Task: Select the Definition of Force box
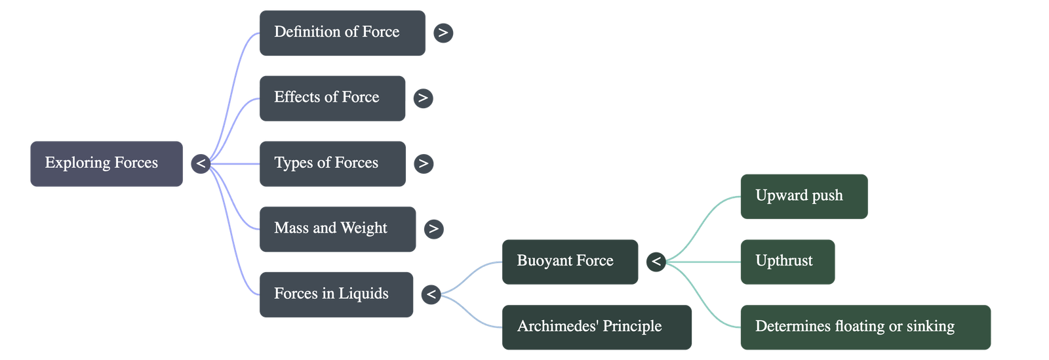click(x=342, y=32)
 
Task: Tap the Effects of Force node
click(x=332, y=98)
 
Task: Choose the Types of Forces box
click(x=332, y=163)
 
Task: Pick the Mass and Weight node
click(x=337, y=229)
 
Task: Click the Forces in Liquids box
click(x=336, y=294)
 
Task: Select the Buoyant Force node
click(x=569, y=261)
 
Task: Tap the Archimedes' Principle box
click(x=597, y=327)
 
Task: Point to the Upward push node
click(x=803, y=196)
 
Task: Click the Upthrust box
click(x=787, y=261)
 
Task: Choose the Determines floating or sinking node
click(x=865, y=327)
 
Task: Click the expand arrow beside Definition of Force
click(x=443, y=32)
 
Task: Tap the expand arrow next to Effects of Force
click(x=423, y=98)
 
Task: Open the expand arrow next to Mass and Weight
click(x=433, y=229)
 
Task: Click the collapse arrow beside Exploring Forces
click(x=200, y=163)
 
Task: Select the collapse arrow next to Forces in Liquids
click(x=430, y=294)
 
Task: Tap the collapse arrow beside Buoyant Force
click(x=656, y=262)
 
